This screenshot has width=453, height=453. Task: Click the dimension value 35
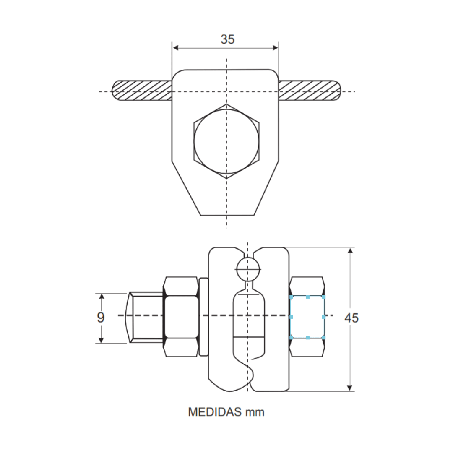(228, 39)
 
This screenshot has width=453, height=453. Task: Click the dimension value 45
(351, 318)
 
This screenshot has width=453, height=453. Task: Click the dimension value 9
(101, 318)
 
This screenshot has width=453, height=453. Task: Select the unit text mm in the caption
(255, 412)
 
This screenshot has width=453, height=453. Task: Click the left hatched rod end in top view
(142, 90)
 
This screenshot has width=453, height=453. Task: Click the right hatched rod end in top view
(310, 90)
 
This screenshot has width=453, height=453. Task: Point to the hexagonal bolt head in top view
(226, 141)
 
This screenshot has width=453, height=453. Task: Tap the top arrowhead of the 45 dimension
(351, 251)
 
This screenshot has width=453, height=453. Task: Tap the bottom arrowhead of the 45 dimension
(351, 388)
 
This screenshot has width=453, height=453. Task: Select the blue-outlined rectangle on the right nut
(307, 317)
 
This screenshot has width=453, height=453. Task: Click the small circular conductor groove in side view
(248, 269)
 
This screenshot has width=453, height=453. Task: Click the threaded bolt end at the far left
(145, 318)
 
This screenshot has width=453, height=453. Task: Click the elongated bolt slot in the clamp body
(248, 323)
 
